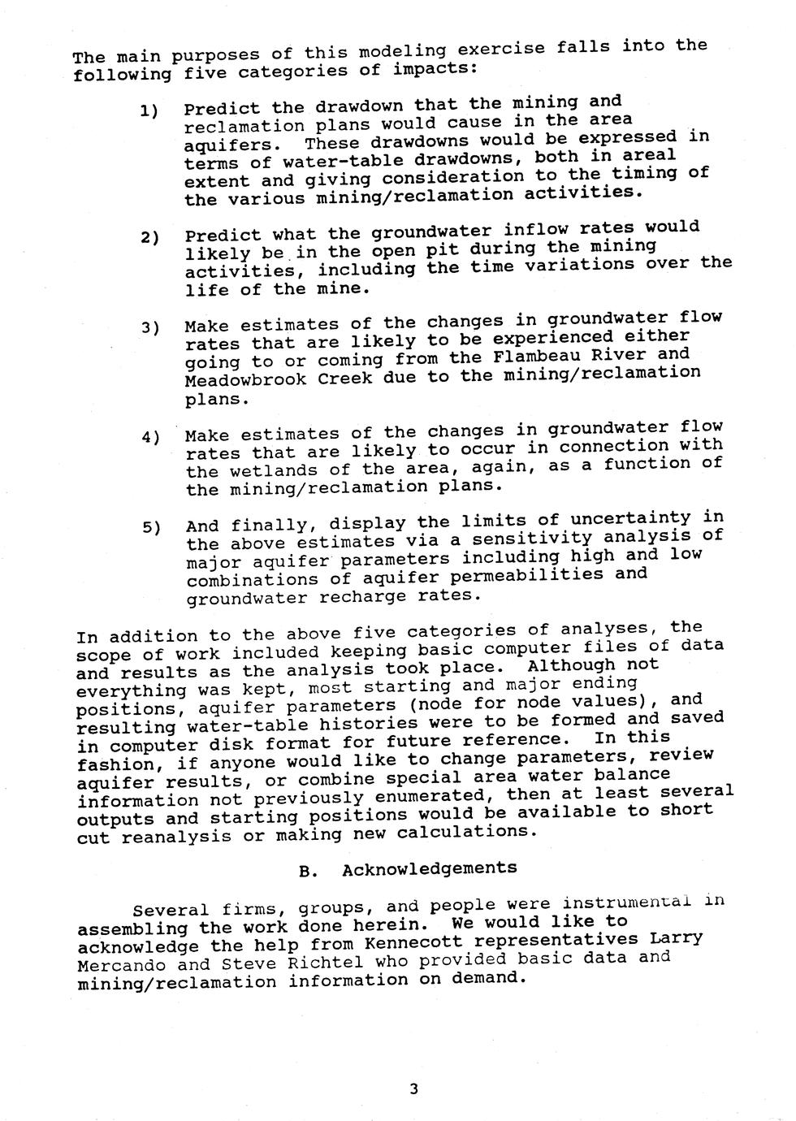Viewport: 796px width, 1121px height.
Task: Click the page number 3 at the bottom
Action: (413, 1089)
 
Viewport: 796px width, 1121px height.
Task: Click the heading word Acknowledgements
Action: (429, 868)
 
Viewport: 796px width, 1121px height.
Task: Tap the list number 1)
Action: (149, 110)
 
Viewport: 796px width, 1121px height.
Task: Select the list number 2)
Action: (149, 237)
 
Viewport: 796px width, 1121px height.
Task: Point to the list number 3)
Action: (150, 327)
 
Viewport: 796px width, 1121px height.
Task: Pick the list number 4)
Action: (151, 437)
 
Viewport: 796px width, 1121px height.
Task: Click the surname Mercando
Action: (121, 966)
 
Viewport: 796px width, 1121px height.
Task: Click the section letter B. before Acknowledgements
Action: (308, 872)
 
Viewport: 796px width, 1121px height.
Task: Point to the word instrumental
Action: (626, 903)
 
